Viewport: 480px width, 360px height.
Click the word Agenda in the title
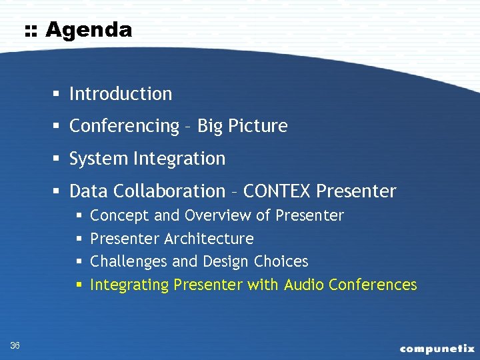pyautogui.click(x=89, y=30)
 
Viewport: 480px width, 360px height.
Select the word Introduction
pyautogui.click(x=121, y=94)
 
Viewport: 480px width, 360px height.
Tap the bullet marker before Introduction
pyautogui.click(x=59, y=94)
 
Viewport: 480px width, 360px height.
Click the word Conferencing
pyautogui.click(x=125, y=126)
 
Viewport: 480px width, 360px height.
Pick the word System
pyautogui.click(x=99, y=159)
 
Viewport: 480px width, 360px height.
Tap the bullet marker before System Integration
pyautogui.click(x=59, y=159)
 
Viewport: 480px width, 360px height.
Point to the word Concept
pyautogui.click(x=119, y=215)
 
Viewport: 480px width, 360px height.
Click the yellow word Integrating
pyautogui.click(x=129, y=285)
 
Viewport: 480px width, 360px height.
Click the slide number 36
pyautogui.click(x=15, y=345)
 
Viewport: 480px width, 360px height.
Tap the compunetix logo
pyautogui.click(x=437, y=348)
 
